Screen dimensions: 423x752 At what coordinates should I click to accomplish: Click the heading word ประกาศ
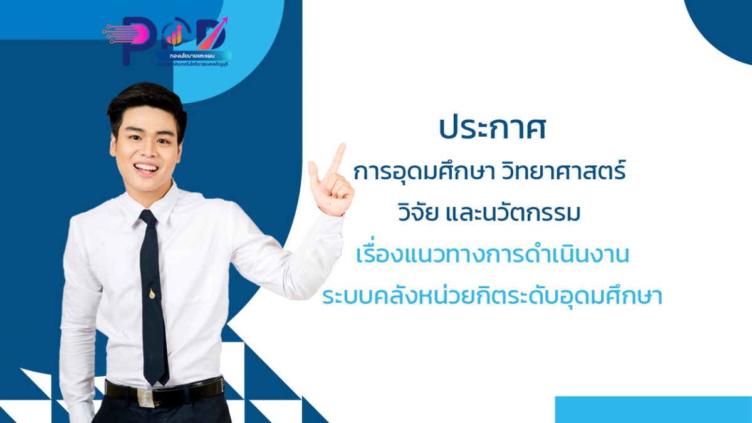pos(491,128)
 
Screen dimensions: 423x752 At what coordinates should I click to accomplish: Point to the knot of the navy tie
pos(148,220)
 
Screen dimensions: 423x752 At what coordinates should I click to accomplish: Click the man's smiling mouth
pos(145,168)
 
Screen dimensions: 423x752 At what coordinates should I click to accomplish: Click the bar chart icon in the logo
pos(175,36)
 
